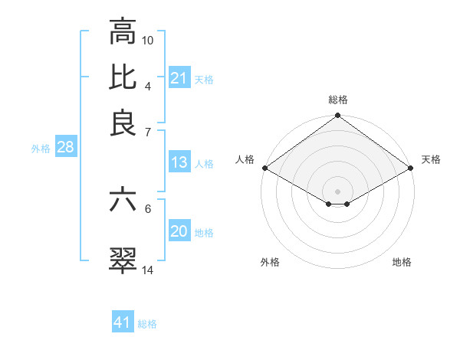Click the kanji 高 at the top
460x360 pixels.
coord(123,32)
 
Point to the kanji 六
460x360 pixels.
coord(123,201)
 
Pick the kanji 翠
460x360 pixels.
coord(123,260)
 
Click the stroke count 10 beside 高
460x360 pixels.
coord(148,39)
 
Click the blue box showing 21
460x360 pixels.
coord(179,78)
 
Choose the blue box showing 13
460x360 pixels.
coord(179,162)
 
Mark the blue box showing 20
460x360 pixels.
coord(179,231)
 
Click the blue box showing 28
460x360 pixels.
coord(65,148)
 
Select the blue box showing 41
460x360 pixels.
coord(123,322)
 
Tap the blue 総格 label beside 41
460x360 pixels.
coord(147,324)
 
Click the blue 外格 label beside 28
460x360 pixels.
coord(41,149)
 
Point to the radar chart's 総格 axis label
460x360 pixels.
coord(338,100)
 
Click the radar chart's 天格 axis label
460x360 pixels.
coord(431,159)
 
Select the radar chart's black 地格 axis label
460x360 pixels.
coord(402,262)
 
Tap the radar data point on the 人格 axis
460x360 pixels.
coord(264,168)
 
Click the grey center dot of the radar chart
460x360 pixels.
coord(337,190)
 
